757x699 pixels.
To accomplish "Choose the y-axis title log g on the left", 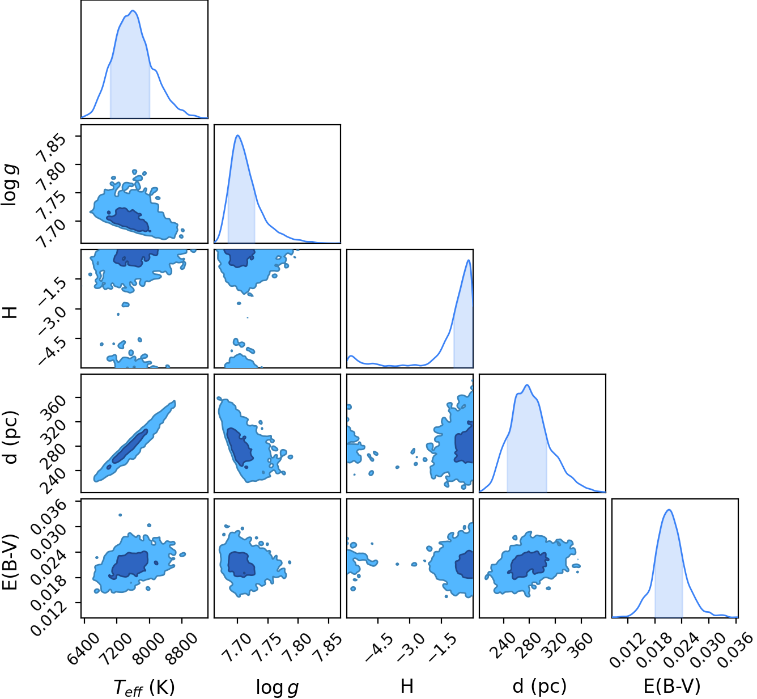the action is pos(9,185).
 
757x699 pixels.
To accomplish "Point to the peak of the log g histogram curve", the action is pos(238,135).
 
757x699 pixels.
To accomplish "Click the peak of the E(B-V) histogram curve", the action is pos(669,510).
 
